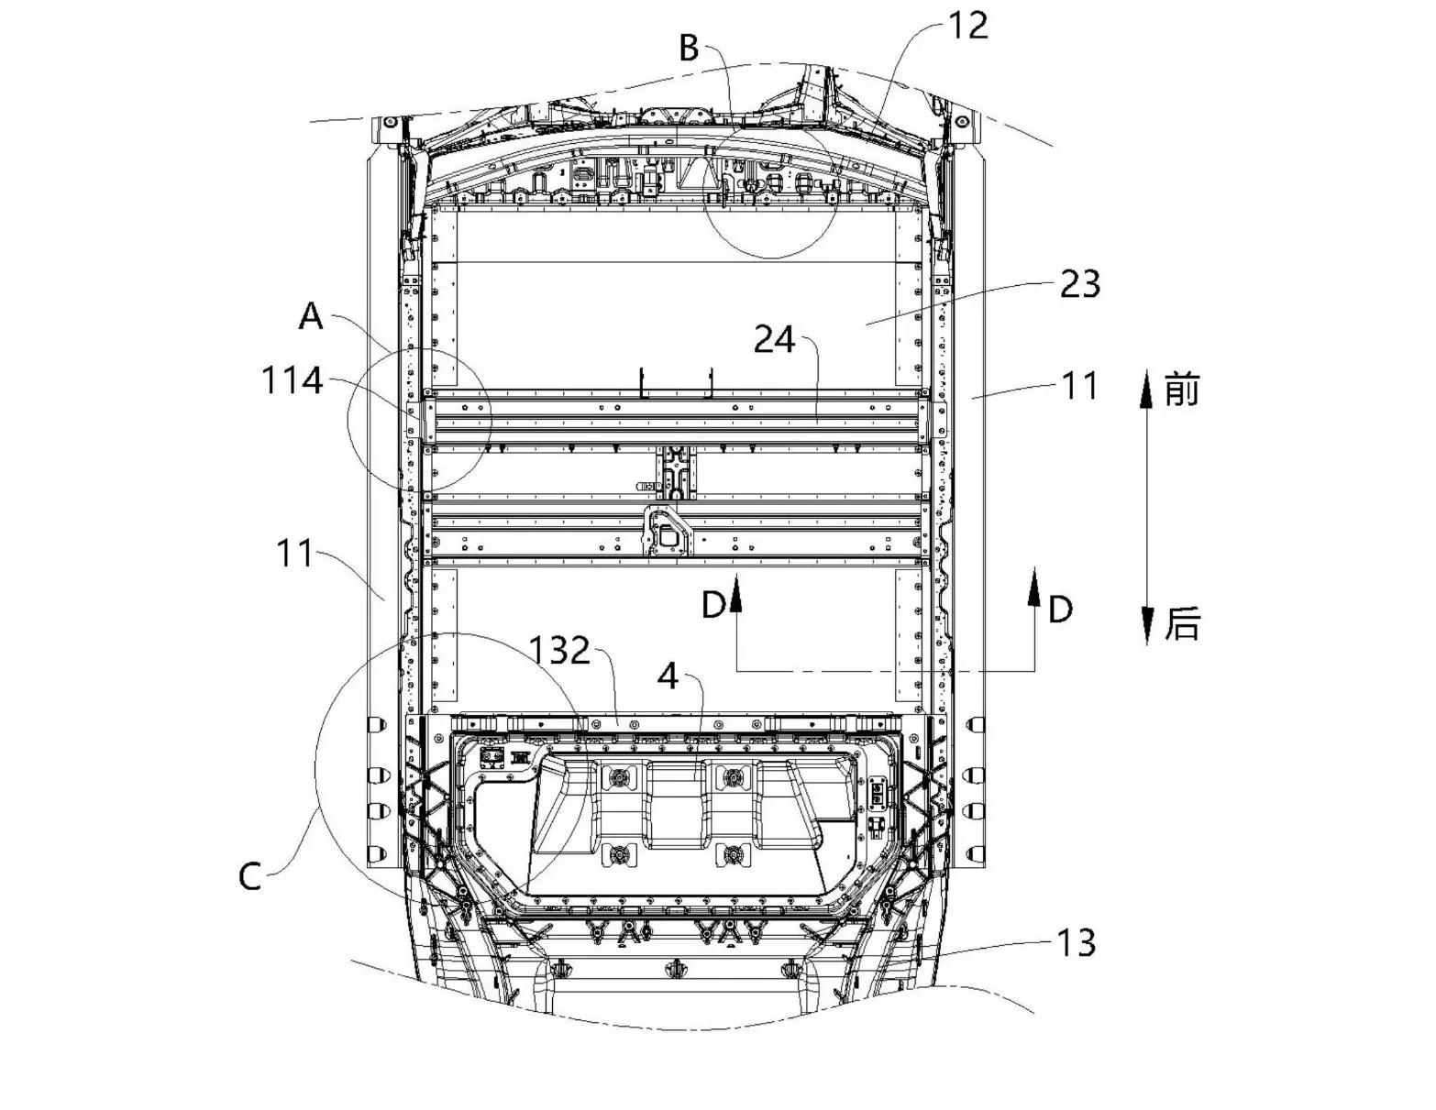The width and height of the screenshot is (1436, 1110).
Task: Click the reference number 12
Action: pos(967,27)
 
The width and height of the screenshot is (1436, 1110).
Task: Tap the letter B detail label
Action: pos(690,49)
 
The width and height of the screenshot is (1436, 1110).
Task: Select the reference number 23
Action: pos(1080,284)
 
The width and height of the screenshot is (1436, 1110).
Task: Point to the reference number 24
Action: pos(775,341)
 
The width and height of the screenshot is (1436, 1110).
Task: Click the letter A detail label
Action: pos(311,316)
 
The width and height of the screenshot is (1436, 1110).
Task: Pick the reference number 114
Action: pos(293,381)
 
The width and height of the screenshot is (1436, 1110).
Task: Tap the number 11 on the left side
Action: pos(294,554)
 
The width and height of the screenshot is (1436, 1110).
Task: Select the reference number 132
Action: pos(560,651)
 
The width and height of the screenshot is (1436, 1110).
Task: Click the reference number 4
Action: pos(668,677)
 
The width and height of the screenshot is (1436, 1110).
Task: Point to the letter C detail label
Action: pos(249,877)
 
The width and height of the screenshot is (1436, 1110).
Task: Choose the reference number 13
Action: pos(1076,943)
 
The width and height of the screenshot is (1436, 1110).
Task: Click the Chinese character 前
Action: pos(1182,389)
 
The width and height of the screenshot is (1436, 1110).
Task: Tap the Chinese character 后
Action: pos(1182,623)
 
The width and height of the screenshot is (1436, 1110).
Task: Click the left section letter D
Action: pos(713,605)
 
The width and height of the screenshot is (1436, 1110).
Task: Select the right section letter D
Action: pos(1060,610)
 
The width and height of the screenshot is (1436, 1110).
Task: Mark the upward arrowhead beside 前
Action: pos(1148,389)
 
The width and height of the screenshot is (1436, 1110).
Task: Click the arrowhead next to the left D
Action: pos(736,592)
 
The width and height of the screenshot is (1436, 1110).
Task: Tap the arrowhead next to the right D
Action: pos(1035,584)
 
